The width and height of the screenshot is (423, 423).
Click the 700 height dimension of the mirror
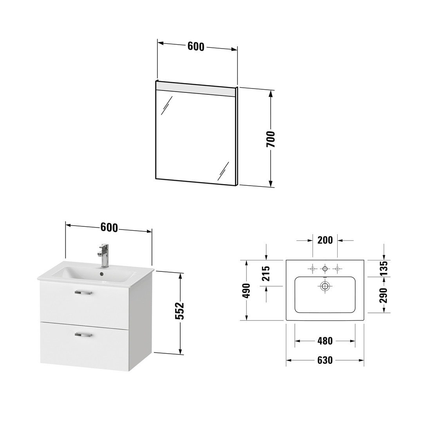click(x=271, y=139)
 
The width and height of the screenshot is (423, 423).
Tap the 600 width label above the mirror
click(x=196, y=47)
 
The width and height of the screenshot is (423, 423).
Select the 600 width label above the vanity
click(x=109, y=228)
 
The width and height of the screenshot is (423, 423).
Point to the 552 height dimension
click(x=180, y=311)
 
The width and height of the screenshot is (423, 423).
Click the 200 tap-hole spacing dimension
click(x=325, y=240)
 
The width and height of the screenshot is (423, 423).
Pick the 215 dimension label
click(x=266, y=273)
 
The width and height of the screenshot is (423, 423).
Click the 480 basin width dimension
click(x=325, y=341)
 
